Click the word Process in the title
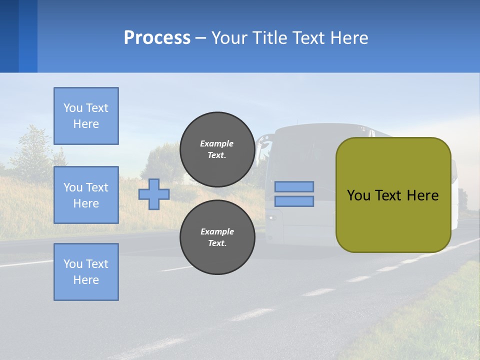[157, 37]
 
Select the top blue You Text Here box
[86, 116]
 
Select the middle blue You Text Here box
[86, 195]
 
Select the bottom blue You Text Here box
[86, 272]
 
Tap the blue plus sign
[154, 194]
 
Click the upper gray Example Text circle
[217, 149]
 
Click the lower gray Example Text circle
[217, 237]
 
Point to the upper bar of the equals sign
[294, 187]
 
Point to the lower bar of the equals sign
[294, 201]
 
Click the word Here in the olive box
[422, 195]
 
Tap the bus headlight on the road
[271, 218]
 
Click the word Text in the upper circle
[217, 155]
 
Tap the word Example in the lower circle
[217, 231]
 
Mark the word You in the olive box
[358, 195]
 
